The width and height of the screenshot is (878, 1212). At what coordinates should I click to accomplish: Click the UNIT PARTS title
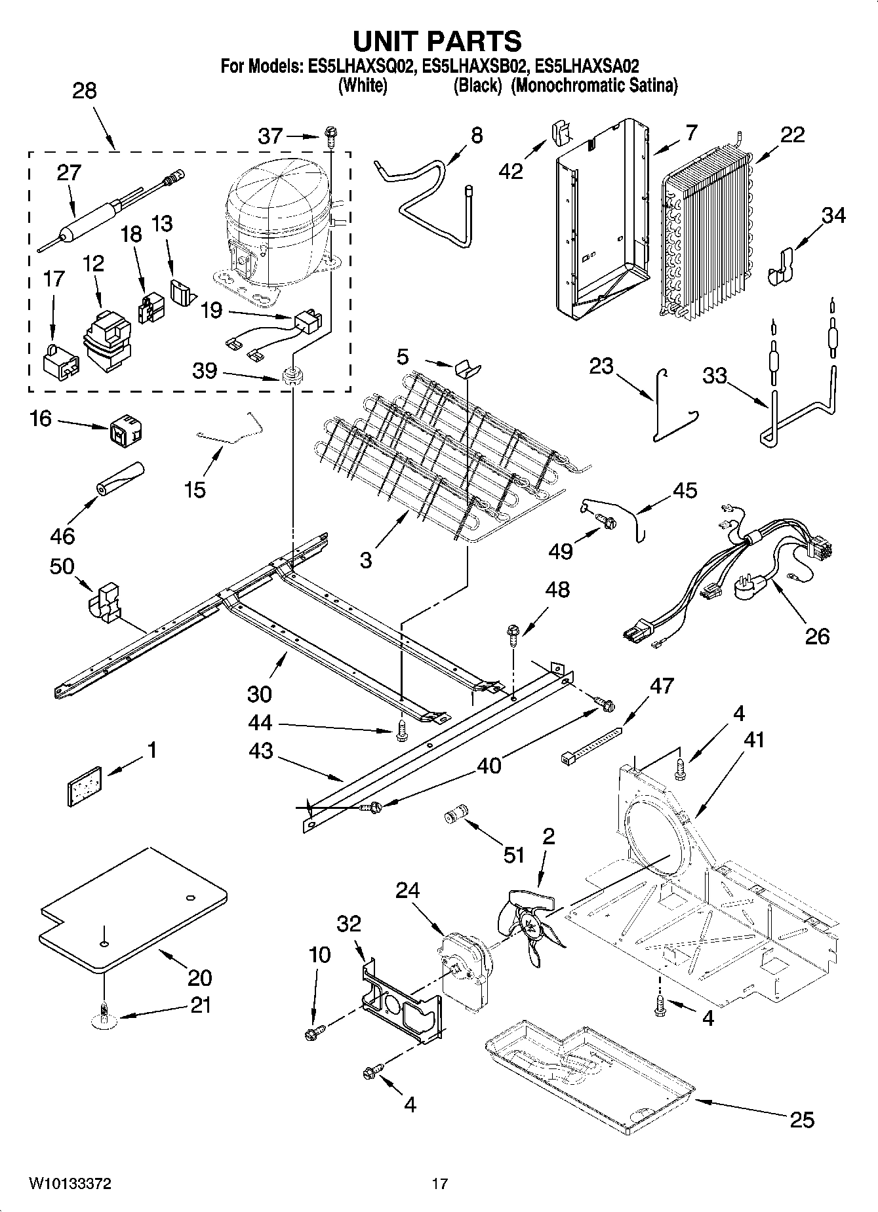tap(437, 41)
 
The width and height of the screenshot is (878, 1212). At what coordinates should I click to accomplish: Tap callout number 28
tap(85, 90)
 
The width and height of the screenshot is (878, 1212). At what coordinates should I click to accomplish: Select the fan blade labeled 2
tap(530, 925)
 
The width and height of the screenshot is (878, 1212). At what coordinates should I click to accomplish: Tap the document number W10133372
tap(70, 1184)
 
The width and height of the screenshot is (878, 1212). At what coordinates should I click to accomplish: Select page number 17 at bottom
tap(439, 1184)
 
